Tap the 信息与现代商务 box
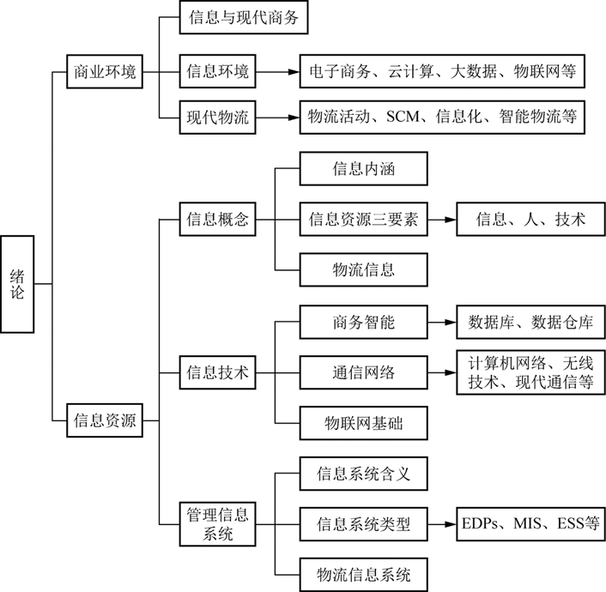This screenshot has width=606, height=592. (x=243, y=18)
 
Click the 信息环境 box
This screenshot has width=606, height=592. (x=218, y=71)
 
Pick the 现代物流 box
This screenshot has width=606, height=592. (x=218, y=118)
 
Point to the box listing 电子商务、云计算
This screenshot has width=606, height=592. (x=443, y=71)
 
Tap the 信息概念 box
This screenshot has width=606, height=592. (x=218, y=219)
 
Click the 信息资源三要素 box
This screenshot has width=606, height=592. (x=364, y=219)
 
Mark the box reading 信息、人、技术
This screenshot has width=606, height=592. (x=531, y=219)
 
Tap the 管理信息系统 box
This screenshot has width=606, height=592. (x=218, y=523)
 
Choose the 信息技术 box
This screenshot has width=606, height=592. (x=218, y=372)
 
